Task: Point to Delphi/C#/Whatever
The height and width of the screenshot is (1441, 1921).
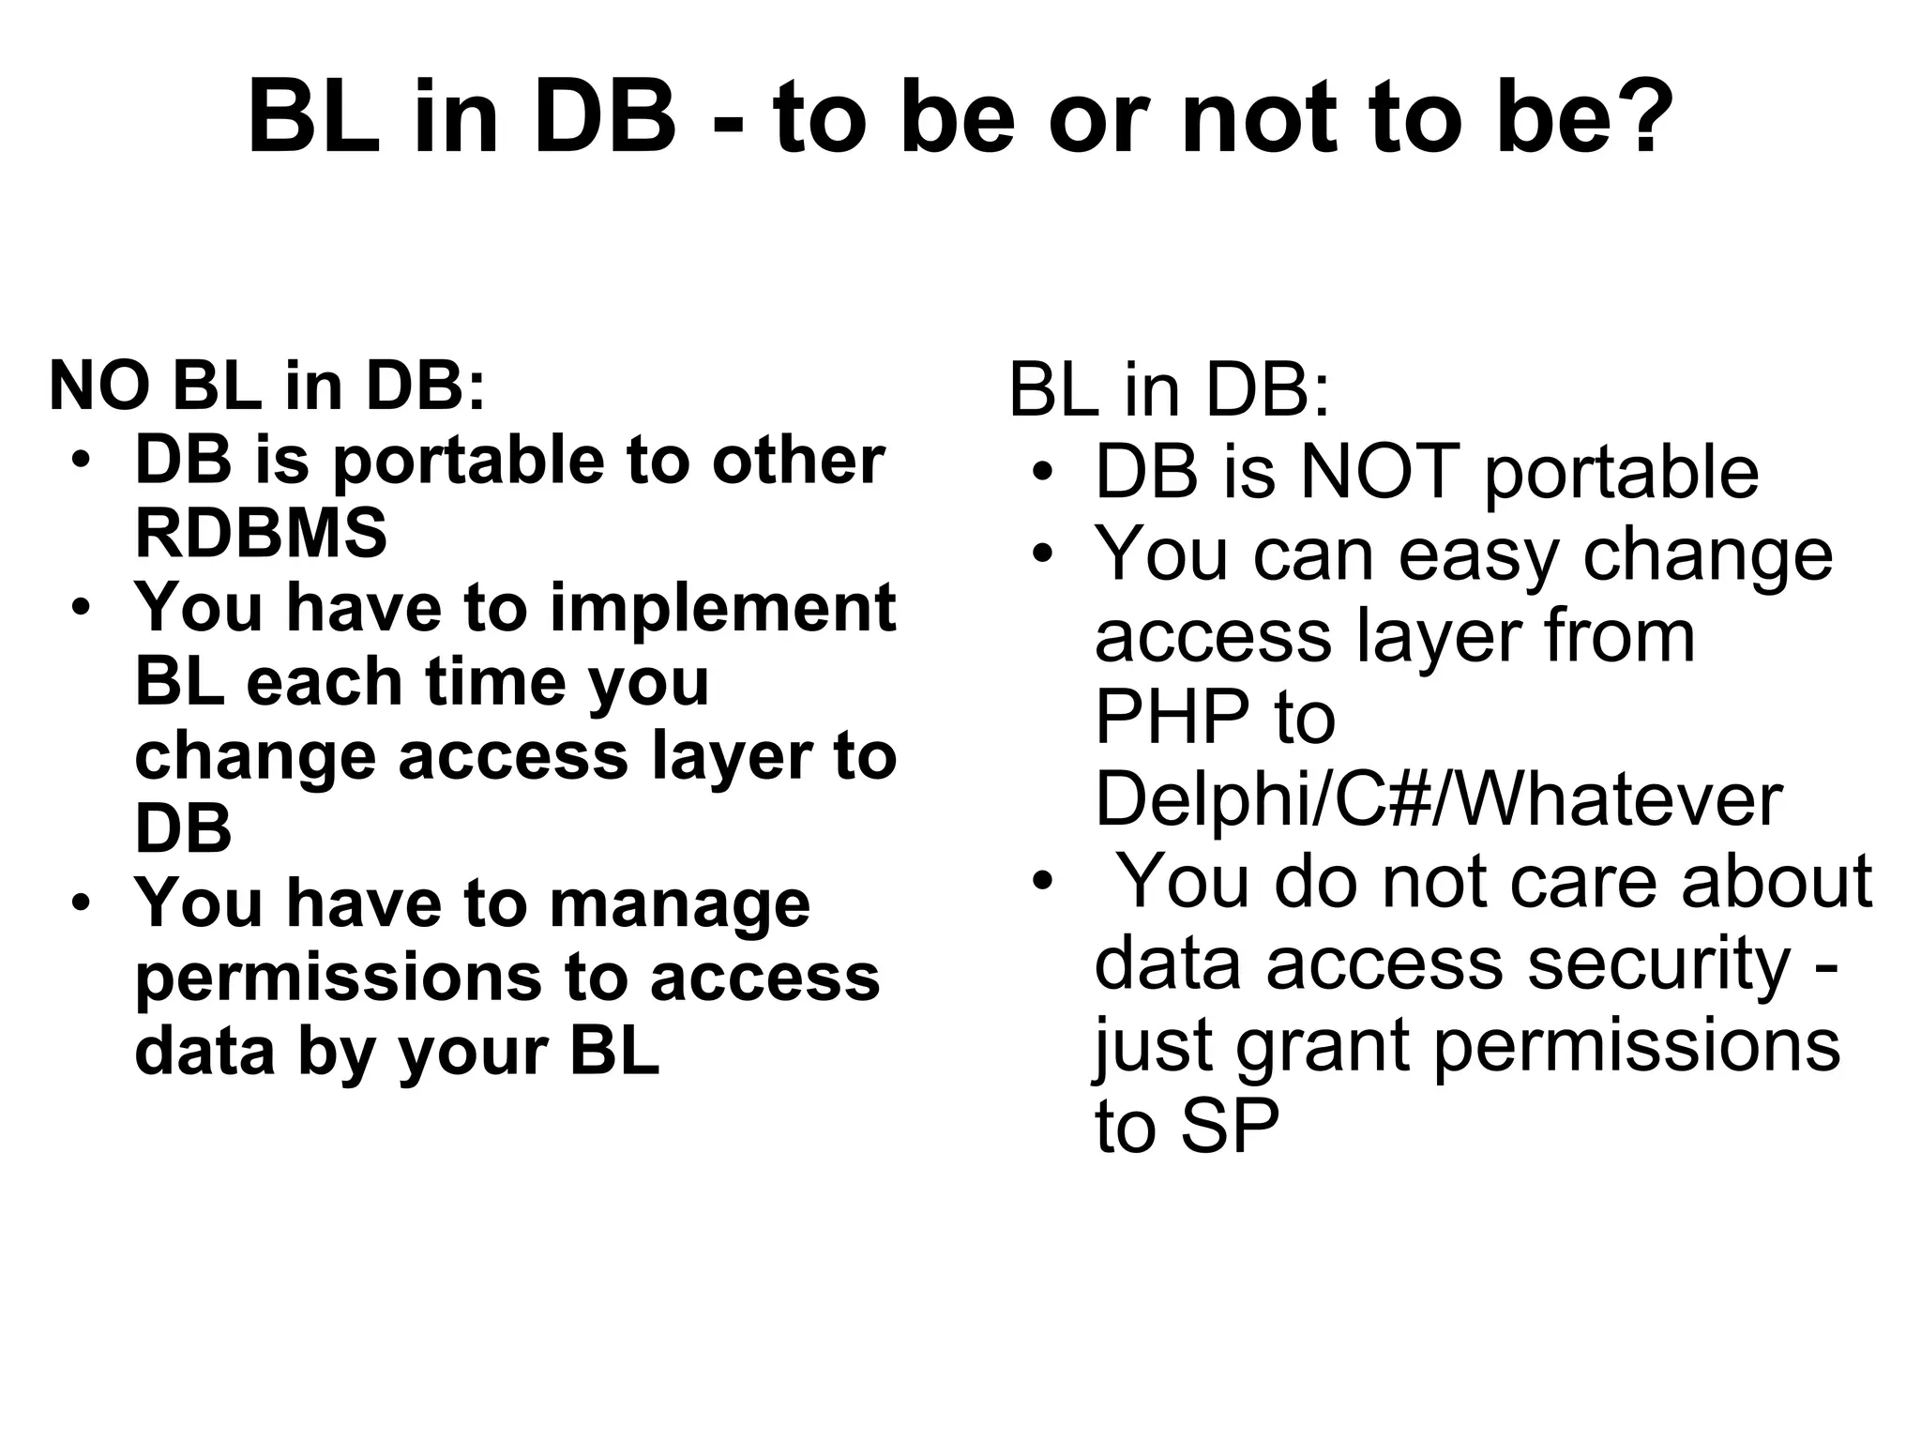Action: tap(1438, 799)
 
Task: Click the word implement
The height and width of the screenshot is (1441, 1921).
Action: tap(722, 610)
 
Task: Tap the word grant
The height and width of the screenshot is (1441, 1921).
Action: tap(1323, 1045)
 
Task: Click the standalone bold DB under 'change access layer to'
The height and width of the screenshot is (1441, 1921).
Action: tap(183, 828)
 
